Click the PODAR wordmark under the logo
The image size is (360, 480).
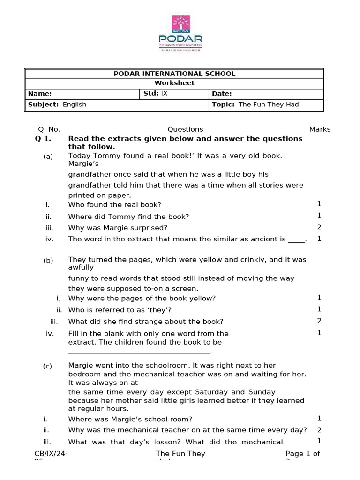pyautogui.click(x=180, y=37)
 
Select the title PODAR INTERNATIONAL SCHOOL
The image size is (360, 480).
pyautogui.click(x=174, y=74)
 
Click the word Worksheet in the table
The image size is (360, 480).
pyautogui.click(x=174, y=83)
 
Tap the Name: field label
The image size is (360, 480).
pyautogui.click(x=40, y=94)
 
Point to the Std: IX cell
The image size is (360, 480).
pyautogui.click(x=155, y=93)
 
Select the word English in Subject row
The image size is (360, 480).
pyautogui.click(x=75, y=105)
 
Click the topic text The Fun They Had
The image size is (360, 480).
pyautogui.click(x=269, y=105)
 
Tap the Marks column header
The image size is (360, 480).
pyautogui.click(x=320, y=129)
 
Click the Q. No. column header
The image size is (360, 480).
pyautogui.click(x=49, y=129)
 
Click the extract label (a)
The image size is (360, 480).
pyautogui.click(x=48, y=157)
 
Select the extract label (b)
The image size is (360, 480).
pyautogui.click(x=48, y=261)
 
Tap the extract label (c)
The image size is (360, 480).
pyautogui.click(x=47, y=367)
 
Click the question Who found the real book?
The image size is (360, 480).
pyautogui.click(x=114, y=205)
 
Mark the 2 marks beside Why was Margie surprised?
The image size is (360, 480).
pyautogui.click(x=319, y=227)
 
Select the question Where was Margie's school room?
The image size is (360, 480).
pyautogui.click(x=130, y=419)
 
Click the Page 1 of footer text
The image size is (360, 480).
pyautogui.click(x=303, y=454)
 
